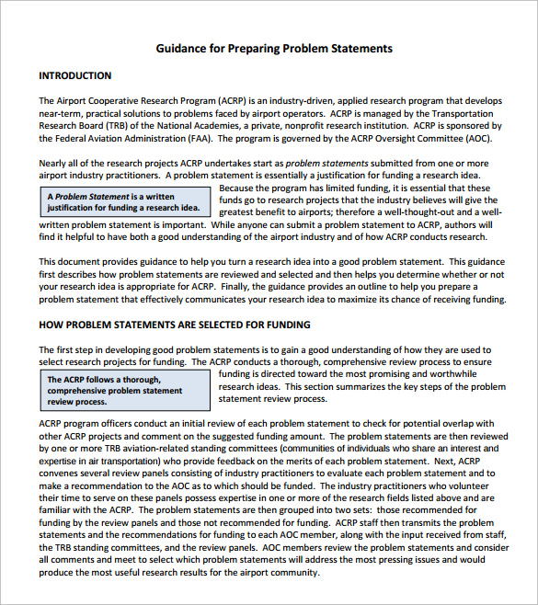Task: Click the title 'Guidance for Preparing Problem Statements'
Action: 274,48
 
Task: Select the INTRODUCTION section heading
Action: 75,75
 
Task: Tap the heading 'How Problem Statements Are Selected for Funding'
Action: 175,325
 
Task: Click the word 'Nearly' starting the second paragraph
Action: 53,163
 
